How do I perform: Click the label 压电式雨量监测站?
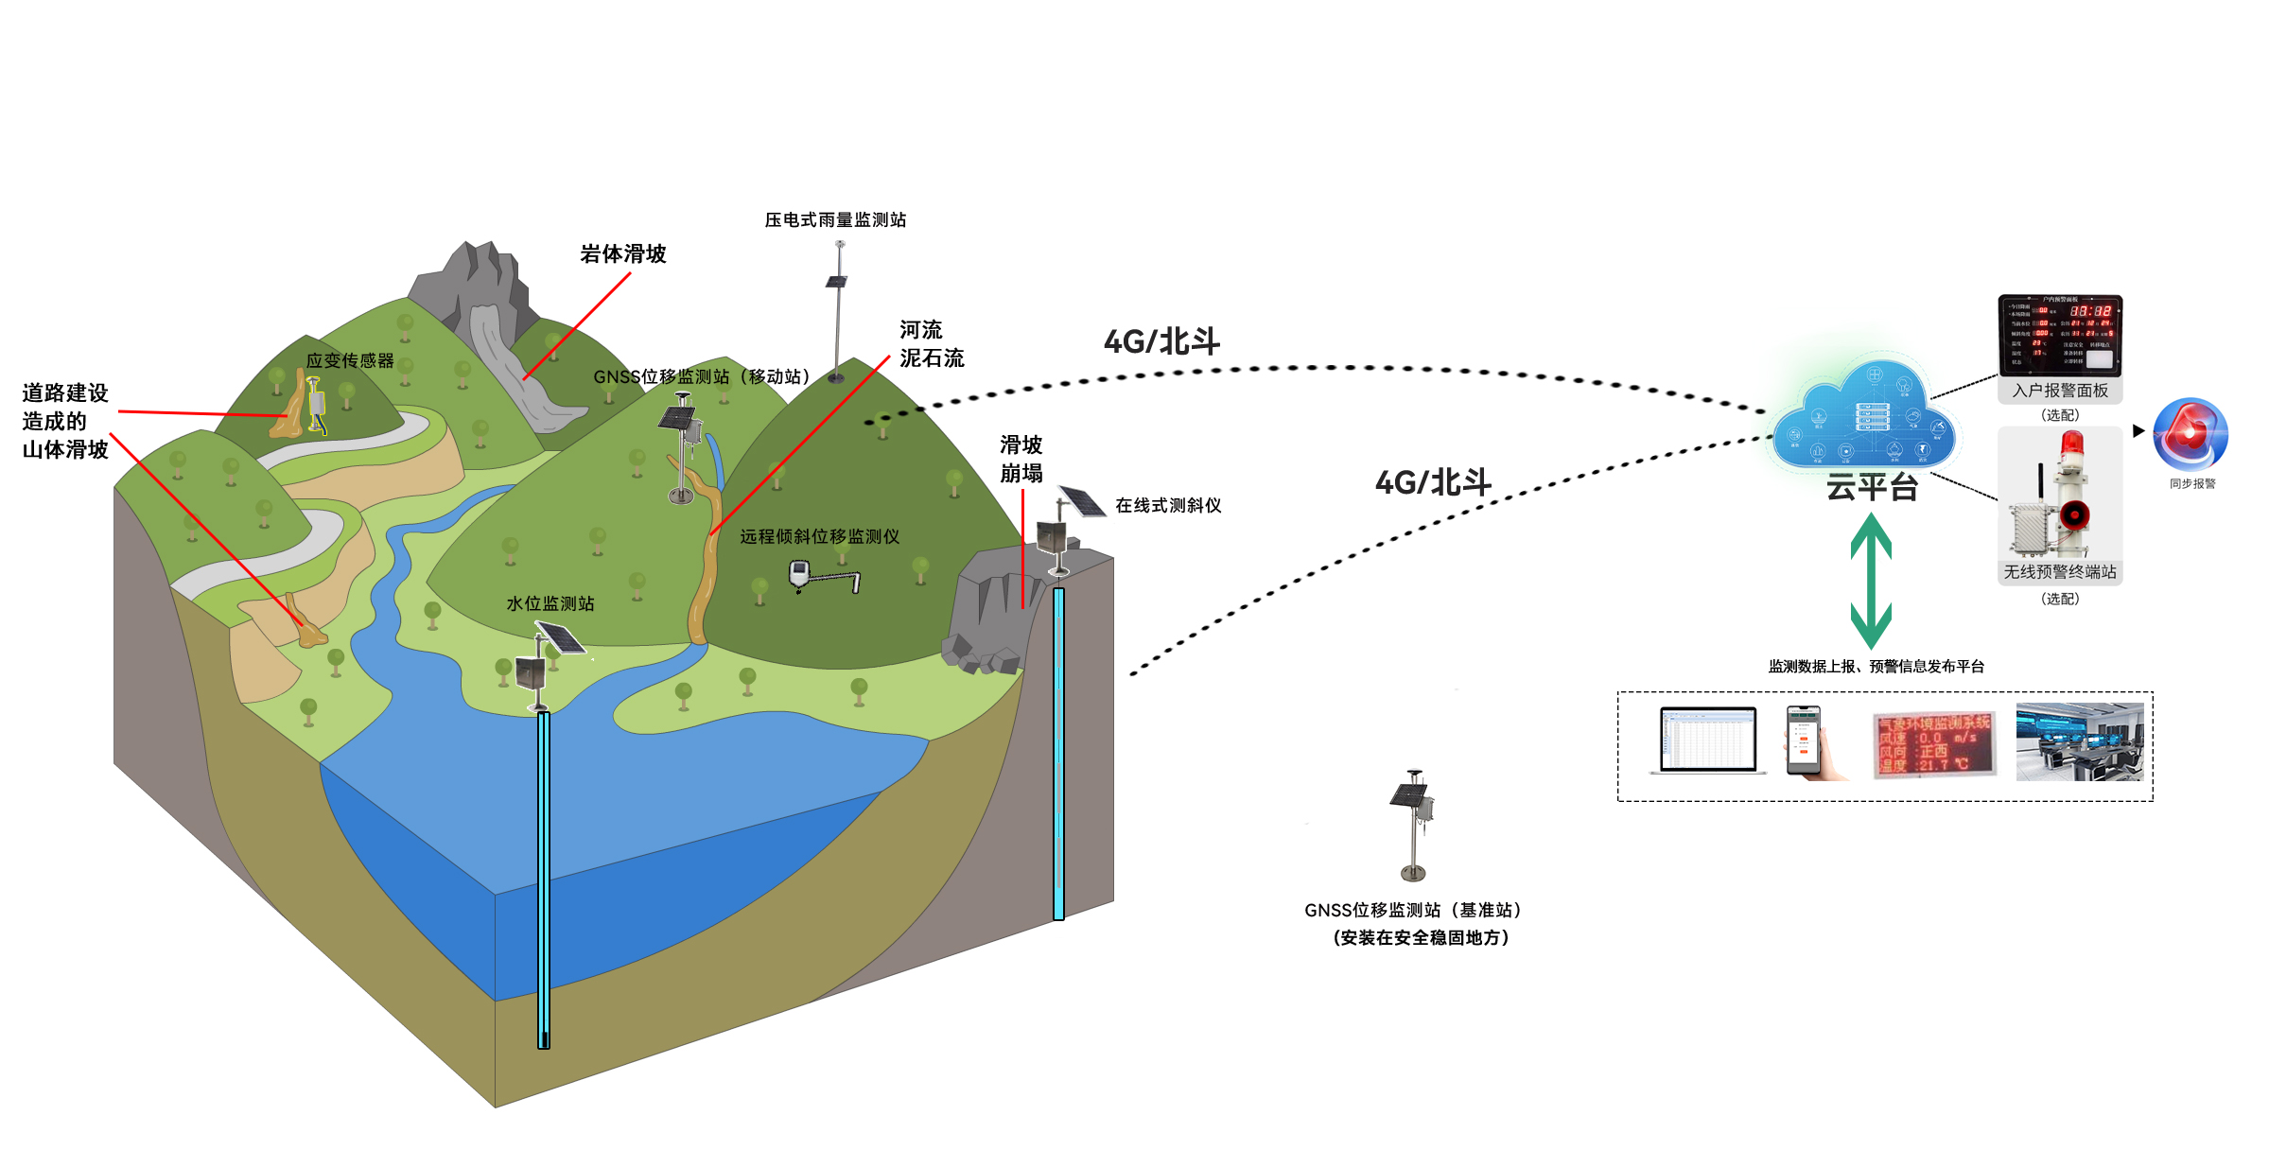(x=835, y=220)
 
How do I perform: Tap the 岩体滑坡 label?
(x=622, y=254)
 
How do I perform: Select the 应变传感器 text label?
(x=350, y=360)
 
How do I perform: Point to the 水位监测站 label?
(x=550, y=603)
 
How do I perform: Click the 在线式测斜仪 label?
(x=1168, y=506)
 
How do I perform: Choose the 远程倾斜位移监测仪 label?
(x=819, y=536)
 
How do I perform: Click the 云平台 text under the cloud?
(x=1872, y=487)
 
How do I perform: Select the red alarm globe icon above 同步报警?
(x=2190, y=434)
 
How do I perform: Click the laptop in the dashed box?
(x=1708, y=741)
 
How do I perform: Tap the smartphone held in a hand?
(x=1805, y=741)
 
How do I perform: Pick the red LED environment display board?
(x=1934, y=744)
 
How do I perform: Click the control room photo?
(x=2080, y=742)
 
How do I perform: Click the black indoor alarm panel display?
(x=2060, y=335)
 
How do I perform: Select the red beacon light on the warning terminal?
(x=2071, y=444)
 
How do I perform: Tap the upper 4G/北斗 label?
(x=1161, y=341)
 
